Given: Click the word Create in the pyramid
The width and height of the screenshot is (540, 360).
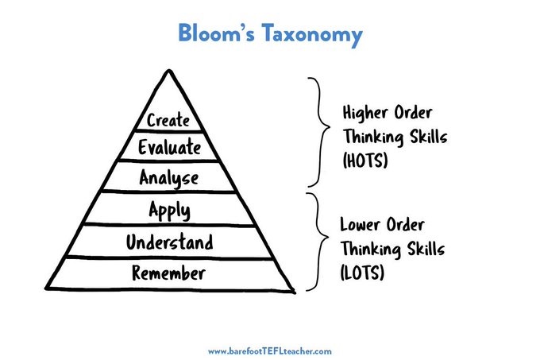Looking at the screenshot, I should click(x=168, y=121).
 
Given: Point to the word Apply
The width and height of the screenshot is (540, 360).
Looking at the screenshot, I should click(x=170, y=211).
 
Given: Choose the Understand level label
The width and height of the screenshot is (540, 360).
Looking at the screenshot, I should click(x=169, y=242).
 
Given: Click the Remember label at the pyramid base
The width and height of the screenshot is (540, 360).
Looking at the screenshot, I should click(x=169, y=274).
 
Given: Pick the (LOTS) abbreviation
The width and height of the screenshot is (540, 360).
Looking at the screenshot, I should click(x=364, y=273).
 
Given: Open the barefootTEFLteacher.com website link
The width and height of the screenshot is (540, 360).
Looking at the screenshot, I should click(x=269, y=350).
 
